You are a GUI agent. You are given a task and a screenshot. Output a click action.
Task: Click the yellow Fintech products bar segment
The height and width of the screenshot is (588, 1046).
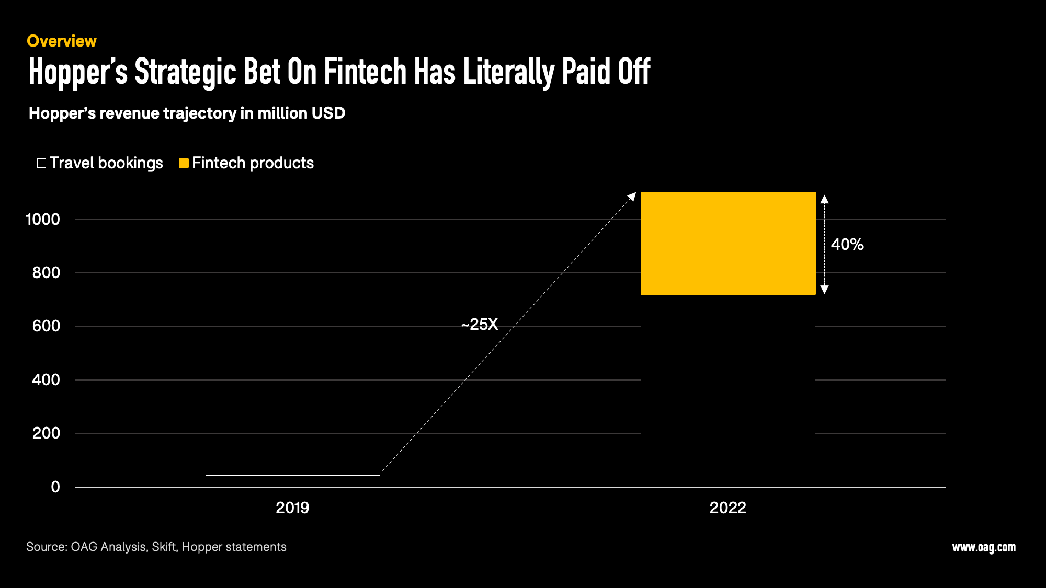tap(728, 244)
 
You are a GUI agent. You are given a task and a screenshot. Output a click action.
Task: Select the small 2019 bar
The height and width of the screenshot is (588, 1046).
tap(293, 481)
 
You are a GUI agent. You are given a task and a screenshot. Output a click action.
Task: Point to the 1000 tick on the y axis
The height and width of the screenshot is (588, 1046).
tap(43, 219)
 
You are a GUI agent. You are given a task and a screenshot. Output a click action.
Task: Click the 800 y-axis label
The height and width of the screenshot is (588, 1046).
tap(46, 272)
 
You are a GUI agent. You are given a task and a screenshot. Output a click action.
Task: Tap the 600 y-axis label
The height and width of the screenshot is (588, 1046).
tap(46, 326)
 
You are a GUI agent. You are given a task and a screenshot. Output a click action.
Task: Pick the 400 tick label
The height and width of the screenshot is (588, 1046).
tap(46, 379)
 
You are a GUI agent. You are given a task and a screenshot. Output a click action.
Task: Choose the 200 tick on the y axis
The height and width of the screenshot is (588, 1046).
tap(46, 433)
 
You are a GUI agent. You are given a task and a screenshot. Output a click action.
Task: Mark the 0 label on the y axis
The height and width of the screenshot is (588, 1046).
tap(55, 487)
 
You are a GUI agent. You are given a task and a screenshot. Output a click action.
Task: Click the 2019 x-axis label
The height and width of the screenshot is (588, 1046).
tap(292, 508)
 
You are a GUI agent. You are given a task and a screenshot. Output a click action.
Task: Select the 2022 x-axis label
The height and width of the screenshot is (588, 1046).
tap(727, 508)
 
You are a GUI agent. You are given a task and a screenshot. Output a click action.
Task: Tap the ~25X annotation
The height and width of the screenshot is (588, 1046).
tap(480, 325)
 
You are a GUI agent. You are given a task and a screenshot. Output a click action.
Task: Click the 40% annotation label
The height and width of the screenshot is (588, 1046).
tap(847, 244)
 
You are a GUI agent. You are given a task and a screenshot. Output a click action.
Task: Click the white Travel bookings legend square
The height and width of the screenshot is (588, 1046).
tap(42, 163)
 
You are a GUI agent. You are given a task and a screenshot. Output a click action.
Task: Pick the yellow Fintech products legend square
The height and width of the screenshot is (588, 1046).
tap(184, 163)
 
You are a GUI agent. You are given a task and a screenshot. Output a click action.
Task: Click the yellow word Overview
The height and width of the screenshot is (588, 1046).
tap(62, 41)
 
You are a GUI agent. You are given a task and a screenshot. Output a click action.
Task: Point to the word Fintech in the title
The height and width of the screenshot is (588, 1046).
tap(365, 72)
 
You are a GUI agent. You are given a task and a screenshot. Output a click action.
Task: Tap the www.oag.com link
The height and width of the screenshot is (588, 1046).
tap(984, 547)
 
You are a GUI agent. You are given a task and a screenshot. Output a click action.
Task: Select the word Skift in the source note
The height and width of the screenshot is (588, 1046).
tap(164, 547)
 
